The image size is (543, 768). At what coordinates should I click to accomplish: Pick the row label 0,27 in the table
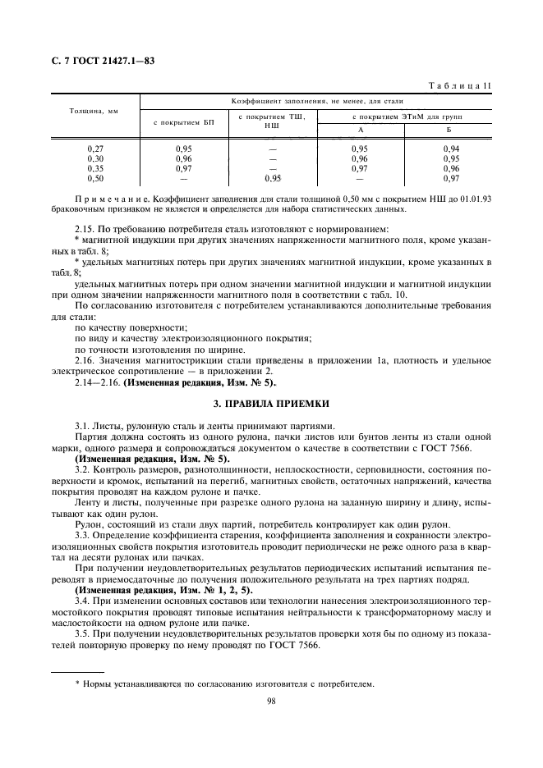[x=95, y=149]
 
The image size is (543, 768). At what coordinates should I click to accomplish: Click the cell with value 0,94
[x=450, y=149]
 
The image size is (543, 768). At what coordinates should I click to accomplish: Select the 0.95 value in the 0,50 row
[x=272, y=178]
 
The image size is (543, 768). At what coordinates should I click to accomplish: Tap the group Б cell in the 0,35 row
[x=450, y=168]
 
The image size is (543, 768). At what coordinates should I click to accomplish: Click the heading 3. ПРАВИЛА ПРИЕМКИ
[x=271, y=404]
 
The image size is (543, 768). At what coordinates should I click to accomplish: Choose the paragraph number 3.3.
[x=84, y=534]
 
